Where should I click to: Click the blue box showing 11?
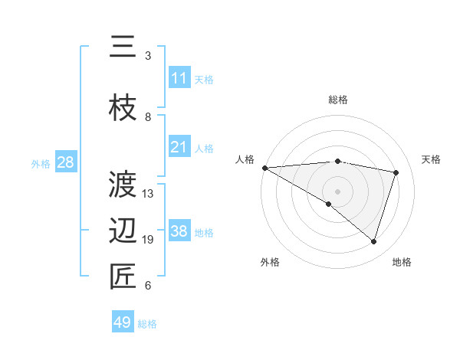pyautogui.click(x=179, y=78)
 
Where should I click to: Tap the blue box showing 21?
pyautogui.click(x=179, y=147)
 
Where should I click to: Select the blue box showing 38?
pyautogui.click(x=179, y=231)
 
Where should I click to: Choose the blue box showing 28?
pyautogui.click(x=65, y=162)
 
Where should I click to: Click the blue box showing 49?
pyautogui.click(x=123, y=322)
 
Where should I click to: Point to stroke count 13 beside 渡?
pyautogui.click(x=149, y=193)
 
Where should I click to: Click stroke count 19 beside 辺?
pyautogui.click(x=149, y=240)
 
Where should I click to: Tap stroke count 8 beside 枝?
pyautogui.click(x=148, y=117)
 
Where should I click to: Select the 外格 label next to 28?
pyautogui.click(x=41, y=163)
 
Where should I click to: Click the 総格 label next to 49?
pyautogui.click(x=147, y=324)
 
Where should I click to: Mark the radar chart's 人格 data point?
pyautogui.click(x=264, y=168)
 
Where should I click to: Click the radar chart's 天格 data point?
pyautogui.click(x=396, y=172)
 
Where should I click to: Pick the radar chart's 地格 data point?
pyautogui.click(x=373, y=241)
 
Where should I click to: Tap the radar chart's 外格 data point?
pyautogui.click(x=329, y=204)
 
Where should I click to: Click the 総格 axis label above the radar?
pyautogui.click(x=337, y=100)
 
